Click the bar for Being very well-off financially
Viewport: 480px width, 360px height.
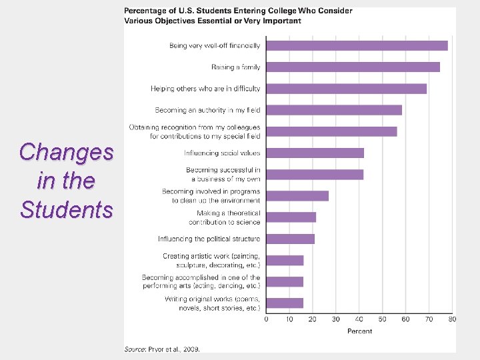(x=357, y=45)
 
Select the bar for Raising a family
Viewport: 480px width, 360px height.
(x=353, y=67)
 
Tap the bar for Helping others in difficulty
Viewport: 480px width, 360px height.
(x=346, y=89)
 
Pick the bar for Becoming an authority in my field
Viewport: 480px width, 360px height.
(x=334, y=110)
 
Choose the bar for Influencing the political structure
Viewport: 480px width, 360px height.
(x=290, y=239)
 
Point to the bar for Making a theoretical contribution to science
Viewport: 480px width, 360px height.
(x=291, y=217)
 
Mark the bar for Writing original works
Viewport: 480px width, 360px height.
(x=285, y=303)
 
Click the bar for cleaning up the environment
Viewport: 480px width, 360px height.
(x=297, y=196)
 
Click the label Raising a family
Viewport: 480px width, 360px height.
(x=235, y=67)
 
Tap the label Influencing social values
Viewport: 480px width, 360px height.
(x=222, y=153)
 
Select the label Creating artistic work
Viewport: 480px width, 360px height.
(x=211, y=256)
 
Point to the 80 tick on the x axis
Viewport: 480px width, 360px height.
(x=452, y=319)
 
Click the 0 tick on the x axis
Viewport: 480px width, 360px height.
(x=266, y=319)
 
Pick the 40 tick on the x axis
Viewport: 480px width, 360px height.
(x=359, y=319)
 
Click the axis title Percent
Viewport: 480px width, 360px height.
(x=359, y=331)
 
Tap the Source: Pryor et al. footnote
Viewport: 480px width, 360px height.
(x=162, y=349)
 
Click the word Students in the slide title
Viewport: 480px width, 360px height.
(x=67, y=209)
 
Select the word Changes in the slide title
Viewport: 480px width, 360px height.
(x=67, y=152)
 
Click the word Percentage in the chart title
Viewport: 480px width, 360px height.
(x=146, y=11)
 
